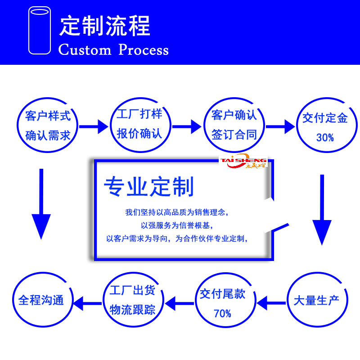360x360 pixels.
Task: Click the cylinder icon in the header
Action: click(39, 31)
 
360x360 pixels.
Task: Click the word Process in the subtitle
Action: click(144, 49)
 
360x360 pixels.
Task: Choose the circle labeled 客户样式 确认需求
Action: click(48, 125)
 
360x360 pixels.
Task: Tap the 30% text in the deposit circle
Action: click(325, 138)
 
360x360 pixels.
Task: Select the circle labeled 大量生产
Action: click(316, 300)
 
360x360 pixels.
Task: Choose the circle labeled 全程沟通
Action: click(41, 300)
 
